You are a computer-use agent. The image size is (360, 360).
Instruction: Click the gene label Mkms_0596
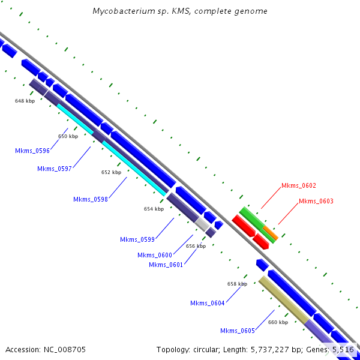point(32,151)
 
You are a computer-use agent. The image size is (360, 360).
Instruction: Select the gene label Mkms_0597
point(55,169)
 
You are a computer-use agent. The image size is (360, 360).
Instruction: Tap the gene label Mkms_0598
point(91,199)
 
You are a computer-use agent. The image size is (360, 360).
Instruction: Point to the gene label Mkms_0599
point(137,239)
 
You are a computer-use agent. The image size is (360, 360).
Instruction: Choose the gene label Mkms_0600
point(155,255)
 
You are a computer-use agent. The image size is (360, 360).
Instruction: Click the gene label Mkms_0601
point(166,265)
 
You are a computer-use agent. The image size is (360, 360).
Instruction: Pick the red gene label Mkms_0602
point(298,186)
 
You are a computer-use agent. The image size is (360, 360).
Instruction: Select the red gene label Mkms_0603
point(316,201)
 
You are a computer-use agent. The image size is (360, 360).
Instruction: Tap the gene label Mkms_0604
point(208,303)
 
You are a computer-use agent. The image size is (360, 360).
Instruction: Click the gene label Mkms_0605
point(238,331)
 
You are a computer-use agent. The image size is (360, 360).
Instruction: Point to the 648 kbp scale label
point(25,101)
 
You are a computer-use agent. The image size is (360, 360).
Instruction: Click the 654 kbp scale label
point(154,209)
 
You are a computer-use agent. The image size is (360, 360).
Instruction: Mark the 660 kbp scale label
point(278,323)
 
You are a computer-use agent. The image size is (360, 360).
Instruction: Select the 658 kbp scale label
point(237,284)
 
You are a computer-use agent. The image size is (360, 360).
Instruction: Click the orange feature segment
point(270,233)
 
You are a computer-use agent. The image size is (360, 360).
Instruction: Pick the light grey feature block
point(203,224)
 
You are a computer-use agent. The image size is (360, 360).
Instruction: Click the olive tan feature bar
point(284,299)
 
